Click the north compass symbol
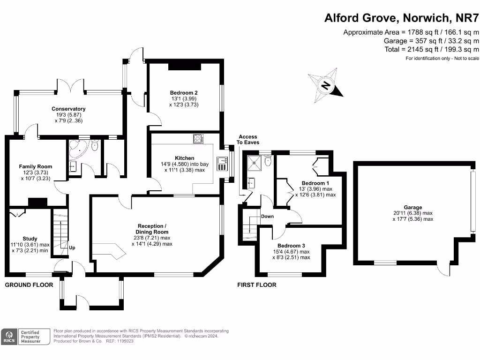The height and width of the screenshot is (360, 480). [325, 85]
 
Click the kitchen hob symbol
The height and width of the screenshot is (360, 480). [198, 138]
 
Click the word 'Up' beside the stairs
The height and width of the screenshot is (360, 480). [72, 247]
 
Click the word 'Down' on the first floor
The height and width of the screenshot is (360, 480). [267, 217]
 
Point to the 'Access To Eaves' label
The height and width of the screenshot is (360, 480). [248, 139]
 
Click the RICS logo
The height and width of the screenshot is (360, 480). [8, 337]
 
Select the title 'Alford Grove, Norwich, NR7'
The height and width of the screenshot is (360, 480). [402, 18]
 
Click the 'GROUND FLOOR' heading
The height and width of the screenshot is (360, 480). [29, 285]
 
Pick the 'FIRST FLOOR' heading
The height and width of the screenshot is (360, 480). [256, 285]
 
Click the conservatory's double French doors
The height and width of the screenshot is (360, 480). [71, 86]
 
